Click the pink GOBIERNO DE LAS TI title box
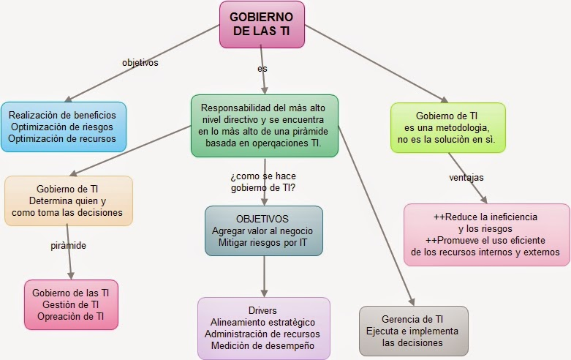(x=262, y=24)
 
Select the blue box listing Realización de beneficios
(x=64, y=127)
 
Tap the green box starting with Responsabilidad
(x=264, y=125)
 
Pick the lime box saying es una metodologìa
(x=447, y=127)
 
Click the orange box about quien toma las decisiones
(x=69, y=200)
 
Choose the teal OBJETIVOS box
(x=262, y=230)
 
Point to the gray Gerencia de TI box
(x=414, y=330)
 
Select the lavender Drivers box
(x=262, y=328)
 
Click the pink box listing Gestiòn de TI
(x=71, y=304)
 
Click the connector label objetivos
(x=140, y=62)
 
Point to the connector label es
(x=262, y=68)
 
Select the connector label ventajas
(x=466, y=177)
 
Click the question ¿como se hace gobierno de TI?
(x=262, y=181)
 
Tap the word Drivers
(x=262, y=310)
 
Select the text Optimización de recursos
(x=64, y=138)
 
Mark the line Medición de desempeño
(x=262, y=345)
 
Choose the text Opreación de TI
(x=71, y=316)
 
